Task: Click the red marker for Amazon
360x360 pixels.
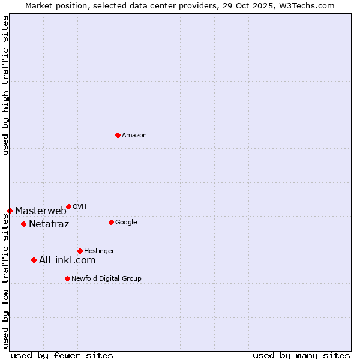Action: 118,135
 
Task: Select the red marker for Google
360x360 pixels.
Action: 111,222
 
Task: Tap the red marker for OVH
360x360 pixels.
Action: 68,206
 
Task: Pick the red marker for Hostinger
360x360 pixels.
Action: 80,251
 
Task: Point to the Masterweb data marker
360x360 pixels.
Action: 10,211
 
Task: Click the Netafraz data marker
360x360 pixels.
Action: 23,224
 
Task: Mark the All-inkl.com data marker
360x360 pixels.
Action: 34,260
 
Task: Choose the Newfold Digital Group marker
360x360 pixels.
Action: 67,278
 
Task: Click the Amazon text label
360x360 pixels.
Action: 134,136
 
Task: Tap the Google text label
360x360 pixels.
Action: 126,223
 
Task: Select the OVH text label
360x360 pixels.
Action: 80,207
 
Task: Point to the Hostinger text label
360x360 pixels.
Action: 99,251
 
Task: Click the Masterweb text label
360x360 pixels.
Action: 41,211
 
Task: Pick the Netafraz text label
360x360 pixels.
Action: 49,224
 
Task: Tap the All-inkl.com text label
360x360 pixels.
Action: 67,260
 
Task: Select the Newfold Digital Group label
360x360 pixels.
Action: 106,279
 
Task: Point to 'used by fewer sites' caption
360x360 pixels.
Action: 62,355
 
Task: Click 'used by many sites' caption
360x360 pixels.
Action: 301,355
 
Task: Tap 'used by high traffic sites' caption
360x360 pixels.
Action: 5,85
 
